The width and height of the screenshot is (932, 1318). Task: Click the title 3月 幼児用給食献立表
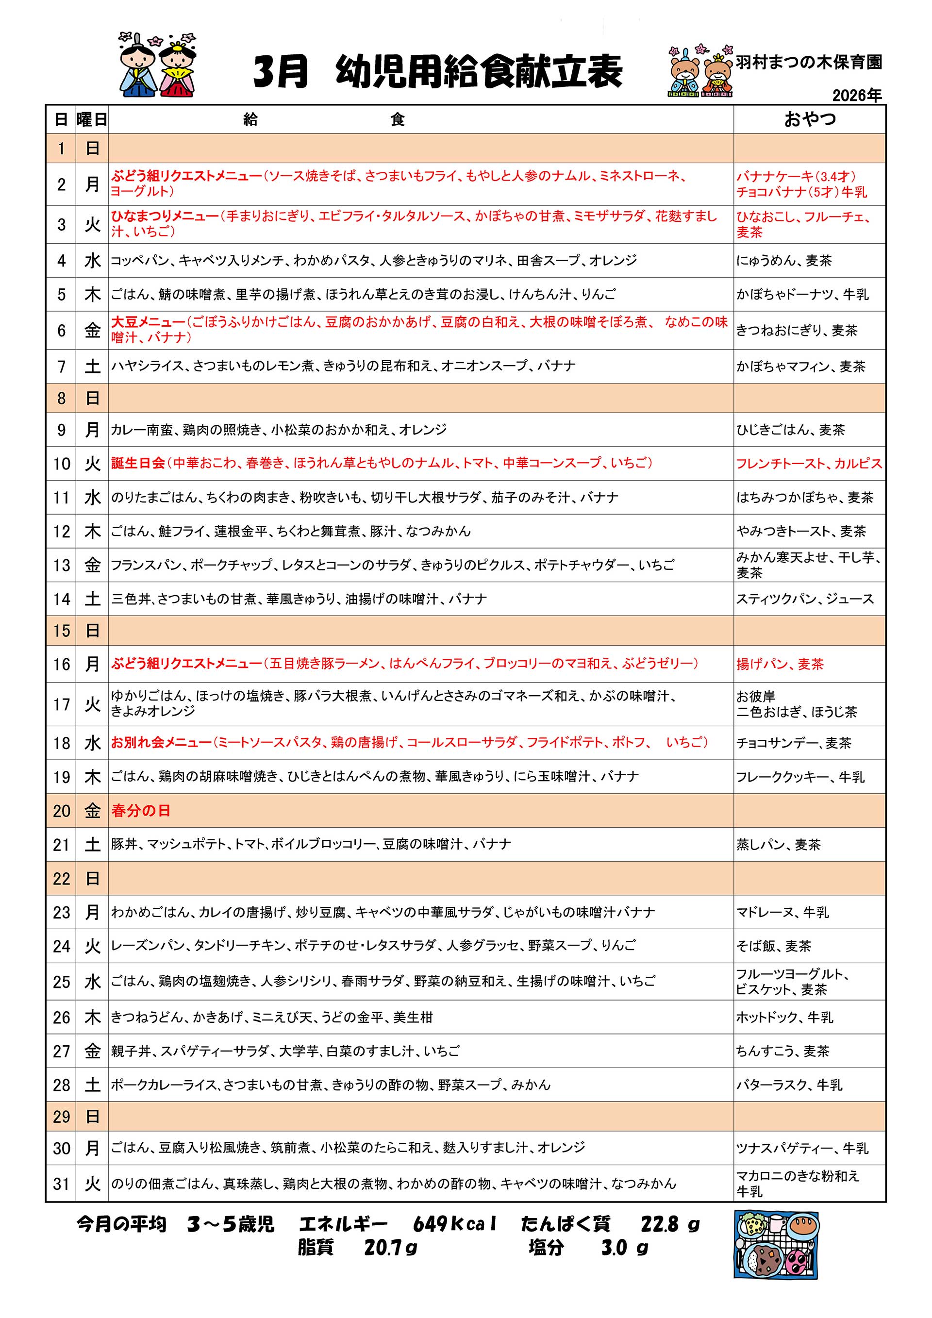(437, 72)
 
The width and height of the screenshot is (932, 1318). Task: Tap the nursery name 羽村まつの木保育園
(809, 63)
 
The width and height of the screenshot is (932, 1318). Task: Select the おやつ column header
(809, 119)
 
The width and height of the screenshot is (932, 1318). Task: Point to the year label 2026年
(857, 95)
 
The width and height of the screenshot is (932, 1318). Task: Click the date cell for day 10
(62, 464)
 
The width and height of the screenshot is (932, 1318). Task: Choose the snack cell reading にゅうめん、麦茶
(784, 261)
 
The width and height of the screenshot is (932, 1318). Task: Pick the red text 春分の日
(141, 811)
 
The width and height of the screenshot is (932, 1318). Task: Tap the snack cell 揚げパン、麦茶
(780, 664)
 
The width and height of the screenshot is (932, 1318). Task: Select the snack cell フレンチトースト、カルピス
(809, 464)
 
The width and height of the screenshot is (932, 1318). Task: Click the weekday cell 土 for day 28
(92, 1085)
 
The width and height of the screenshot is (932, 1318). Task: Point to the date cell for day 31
(62, 1184)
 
